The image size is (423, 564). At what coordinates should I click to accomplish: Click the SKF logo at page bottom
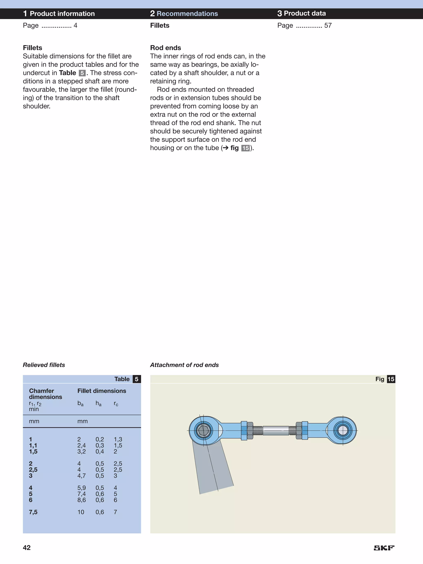click(384, 548)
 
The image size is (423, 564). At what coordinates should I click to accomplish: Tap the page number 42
click(27, 547)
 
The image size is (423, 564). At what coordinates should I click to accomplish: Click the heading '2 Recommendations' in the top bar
click(184, 13)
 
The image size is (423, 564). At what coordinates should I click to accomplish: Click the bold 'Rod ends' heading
click(165, 48)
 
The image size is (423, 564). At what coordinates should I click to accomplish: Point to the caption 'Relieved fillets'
click(44, 365)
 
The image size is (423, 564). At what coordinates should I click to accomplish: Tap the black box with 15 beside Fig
click(391, 379)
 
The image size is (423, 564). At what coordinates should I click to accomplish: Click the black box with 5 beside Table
click(137, 379)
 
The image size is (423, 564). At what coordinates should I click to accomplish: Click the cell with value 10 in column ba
click(81, 512)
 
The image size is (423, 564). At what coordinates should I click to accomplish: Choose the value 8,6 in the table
click(81, 500)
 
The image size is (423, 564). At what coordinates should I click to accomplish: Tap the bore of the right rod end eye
click(343, 431)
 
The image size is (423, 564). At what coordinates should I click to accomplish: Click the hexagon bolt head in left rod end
click(203, 431)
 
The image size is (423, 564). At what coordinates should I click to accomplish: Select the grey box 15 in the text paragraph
click(245, 148)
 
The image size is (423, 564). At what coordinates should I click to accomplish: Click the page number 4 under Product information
click(75, 25)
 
